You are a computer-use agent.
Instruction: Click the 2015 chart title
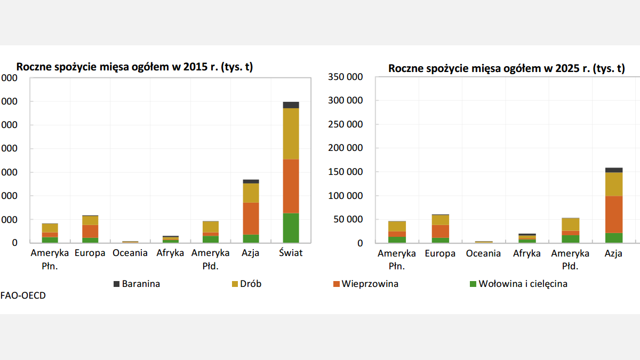tap(134, 67)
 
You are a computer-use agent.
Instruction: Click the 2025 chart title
tap(506, 68)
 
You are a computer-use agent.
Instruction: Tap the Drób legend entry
tap(250, 284)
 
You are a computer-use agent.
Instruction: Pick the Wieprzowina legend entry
tap(370, 284)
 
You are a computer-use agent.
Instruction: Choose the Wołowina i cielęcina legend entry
tap(523, 284)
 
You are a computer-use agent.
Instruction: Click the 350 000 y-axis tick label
tap(346, 77)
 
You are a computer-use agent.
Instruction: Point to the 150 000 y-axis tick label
tap(346, 172)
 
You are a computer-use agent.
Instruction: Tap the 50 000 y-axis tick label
tap(348, 219)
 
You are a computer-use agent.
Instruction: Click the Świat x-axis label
tap(291, 253)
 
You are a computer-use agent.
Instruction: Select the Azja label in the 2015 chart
tap(250, 253)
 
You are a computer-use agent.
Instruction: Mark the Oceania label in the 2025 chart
tap(483, 253)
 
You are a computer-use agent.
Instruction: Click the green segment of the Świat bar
tap(291, 228)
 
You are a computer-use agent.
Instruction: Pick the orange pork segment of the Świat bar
tap(291, 186)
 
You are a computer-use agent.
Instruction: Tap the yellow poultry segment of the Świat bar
tap(291, 133)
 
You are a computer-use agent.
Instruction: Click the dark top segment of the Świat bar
tap(291, 105)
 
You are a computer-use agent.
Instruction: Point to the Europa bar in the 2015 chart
tap(90, 229)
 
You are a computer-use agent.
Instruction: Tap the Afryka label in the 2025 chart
tap(527, 253)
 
